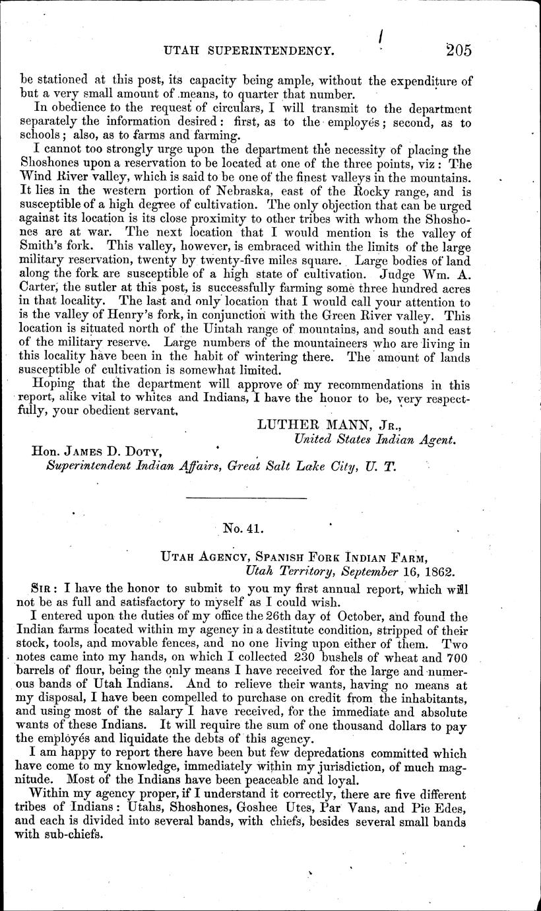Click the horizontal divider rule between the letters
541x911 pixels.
pyautogui.click(x=246, y=497)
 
